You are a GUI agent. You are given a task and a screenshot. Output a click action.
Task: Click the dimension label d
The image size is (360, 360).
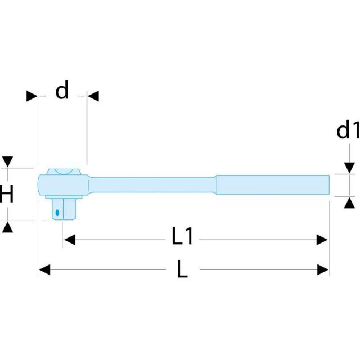coord(62,90)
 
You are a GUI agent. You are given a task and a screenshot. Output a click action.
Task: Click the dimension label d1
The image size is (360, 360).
coord(348,129)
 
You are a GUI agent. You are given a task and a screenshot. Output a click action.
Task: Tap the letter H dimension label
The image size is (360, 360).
coord(7,193)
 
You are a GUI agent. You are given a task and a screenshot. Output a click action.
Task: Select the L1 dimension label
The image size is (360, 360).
coord(182,236)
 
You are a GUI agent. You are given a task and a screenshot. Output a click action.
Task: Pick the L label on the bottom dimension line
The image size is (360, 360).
coord(182,269)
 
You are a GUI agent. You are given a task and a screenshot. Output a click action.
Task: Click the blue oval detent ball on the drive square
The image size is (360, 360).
coord(57,213)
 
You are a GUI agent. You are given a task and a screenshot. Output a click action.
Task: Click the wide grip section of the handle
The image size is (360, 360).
coord(273,185)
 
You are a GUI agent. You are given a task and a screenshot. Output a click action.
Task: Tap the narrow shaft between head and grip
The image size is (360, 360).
coord(152,185)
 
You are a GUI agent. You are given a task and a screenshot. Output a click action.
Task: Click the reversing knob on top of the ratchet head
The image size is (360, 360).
coord(64,172)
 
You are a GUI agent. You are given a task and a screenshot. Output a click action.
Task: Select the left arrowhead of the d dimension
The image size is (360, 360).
coord(31,96)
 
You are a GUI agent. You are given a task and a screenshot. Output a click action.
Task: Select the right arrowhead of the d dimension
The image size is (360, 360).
coord(93,96)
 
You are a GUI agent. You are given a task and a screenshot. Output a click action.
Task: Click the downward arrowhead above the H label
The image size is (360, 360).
coord(7,161)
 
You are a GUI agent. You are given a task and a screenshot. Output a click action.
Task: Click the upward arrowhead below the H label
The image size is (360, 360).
coord(7,227)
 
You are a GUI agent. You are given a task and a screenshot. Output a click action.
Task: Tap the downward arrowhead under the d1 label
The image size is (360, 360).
coord(349,168)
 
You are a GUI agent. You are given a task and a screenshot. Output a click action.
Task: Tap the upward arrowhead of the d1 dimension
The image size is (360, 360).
coord(349,203)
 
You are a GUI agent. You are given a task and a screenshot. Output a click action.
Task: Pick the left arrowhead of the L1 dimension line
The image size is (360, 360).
coord(70,240)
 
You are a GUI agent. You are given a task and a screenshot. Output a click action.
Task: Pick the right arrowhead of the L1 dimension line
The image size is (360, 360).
coord(322,240)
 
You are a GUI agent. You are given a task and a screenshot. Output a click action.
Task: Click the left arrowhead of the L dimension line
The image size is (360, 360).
coord(44,269)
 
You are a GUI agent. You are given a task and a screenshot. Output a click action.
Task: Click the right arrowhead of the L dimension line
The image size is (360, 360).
coord(323,269)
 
